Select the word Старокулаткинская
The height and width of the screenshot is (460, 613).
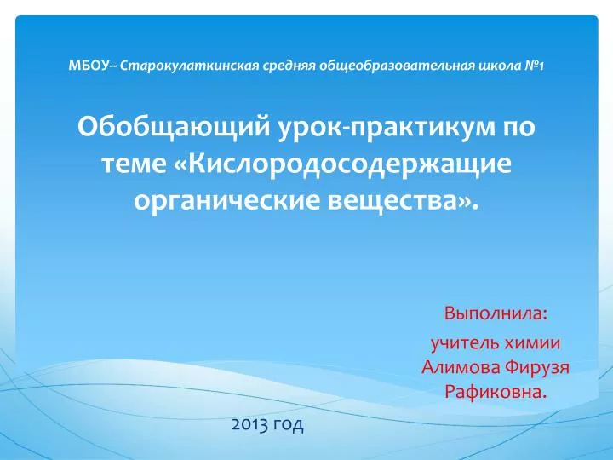tap(189, 66)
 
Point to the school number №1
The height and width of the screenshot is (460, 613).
tap(535, 66)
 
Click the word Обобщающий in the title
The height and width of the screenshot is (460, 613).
tap(174, 127)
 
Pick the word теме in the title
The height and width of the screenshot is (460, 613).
tap(135, 164)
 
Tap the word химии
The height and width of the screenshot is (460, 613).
tap(532, 342)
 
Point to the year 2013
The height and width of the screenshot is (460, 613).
tap(249, 424)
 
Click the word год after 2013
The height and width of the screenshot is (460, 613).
tap(289, 425)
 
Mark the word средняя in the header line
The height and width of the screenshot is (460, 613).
tap(289, 66)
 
